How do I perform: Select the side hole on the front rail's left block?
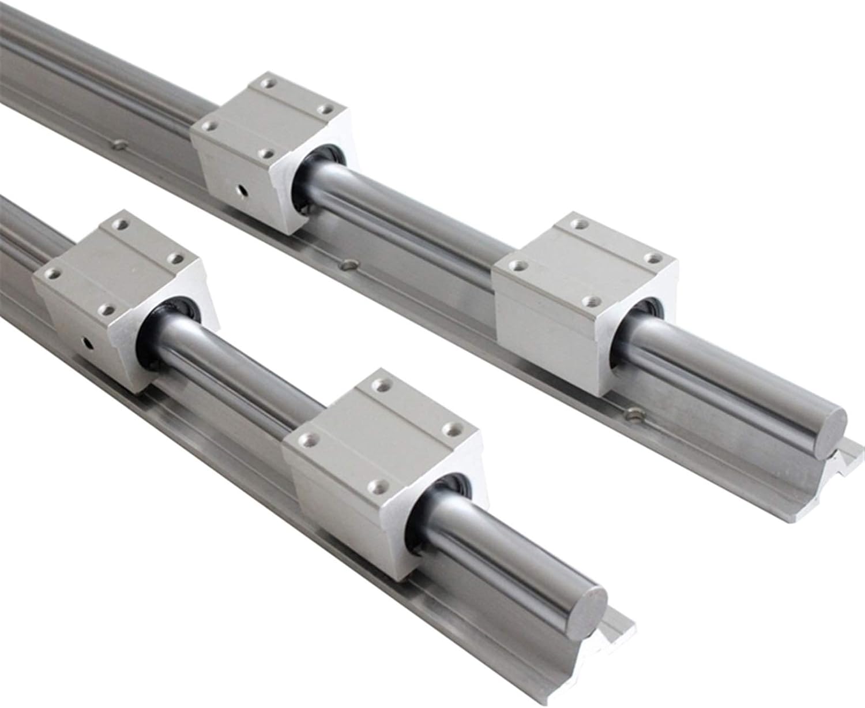click(88, 344)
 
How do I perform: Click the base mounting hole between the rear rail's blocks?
click(347, 265)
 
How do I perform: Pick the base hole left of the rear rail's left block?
click(120, 144)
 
